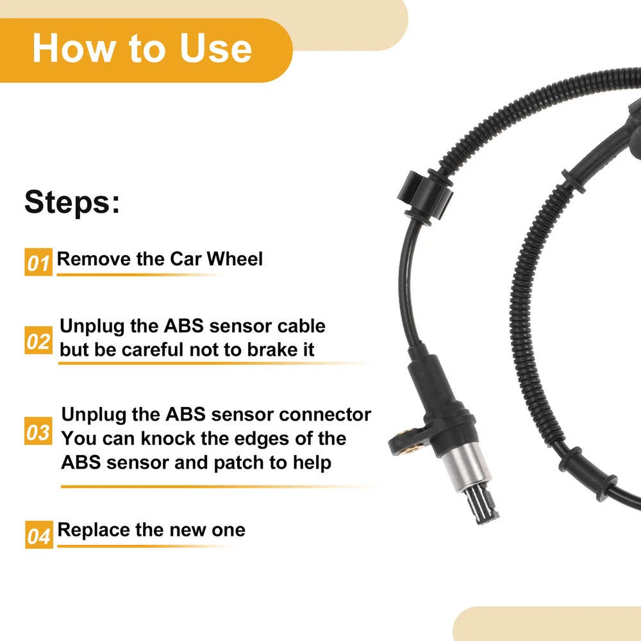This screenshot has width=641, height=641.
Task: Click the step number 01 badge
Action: click(x=38, y=262)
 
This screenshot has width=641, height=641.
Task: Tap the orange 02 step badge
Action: click(x=38, y=340)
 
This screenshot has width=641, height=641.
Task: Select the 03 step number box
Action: click(x=38, y=431)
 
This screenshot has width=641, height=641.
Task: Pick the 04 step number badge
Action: click(x=39, y=535)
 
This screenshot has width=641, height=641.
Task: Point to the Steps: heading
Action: click(x=72, y=201)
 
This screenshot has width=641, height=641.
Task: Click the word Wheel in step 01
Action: click(x=235, y=258)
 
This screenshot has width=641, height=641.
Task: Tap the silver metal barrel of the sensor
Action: click(x=466, y=466)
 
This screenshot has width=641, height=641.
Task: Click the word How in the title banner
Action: click(x=74, y=48)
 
